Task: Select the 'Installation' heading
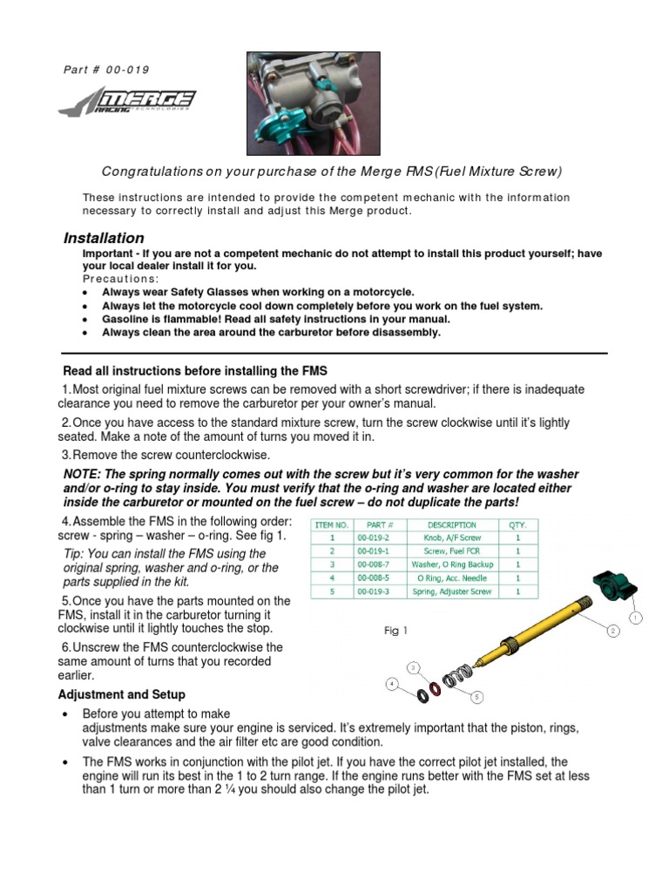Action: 104,238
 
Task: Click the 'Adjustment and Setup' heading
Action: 121,694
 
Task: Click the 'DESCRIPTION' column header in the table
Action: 452,525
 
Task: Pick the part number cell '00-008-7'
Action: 380,564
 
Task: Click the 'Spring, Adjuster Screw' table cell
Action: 452,591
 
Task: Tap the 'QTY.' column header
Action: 517,525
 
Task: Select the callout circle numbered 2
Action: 612,630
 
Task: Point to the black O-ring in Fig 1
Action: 422,693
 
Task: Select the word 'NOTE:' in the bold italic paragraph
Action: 84,474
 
